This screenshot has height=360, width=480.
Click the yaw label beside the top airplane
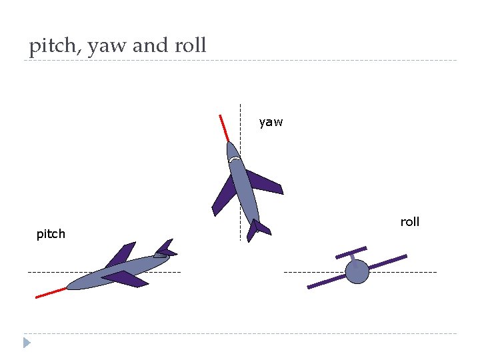271,122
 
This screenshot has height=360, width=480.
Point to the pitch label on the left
51,234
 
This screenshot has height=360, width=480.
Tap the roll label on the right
409,222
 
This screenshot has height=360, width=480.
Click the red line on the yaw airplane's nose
223,127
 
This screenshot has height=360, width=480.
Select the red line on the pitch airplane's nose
51,292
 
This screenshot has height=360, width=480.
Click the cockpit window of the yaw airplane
232,159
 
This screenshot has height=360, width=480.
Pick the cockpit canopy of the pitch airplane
161,254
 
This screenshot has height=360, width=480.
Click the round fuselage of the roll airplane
357,271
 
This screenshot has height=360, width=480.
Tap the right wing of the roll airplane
387,261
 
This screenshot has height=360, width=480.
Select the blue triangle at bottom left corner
27,343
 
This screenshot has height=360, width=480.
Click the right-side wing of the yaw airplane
265,181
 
